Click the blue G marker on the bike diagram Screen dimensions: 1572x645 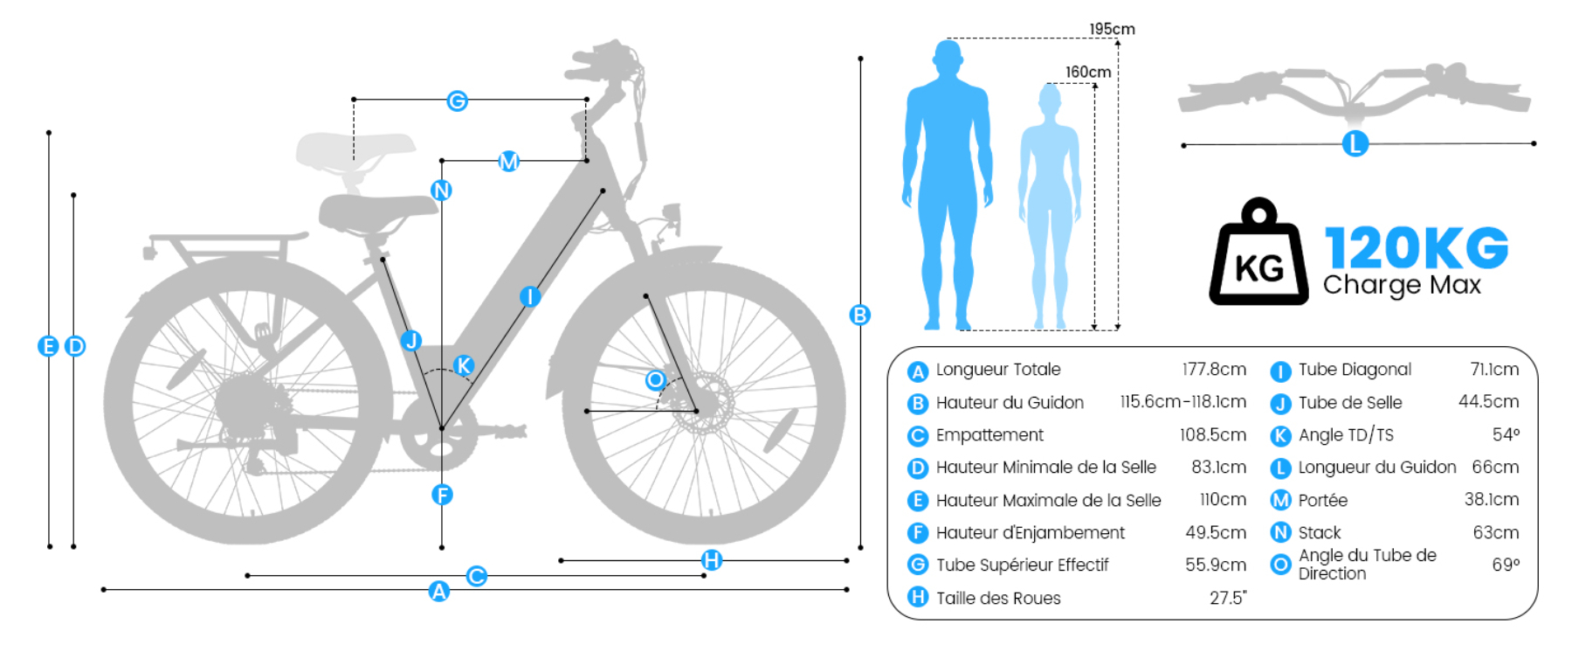tap(457, 101)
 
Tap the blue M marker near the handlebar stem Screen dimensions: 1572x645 tap(508, 161)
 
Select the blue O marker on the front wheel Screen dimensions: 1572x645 tap(656, 380)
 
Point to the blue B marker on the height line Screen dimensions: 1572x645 tap(860, 316)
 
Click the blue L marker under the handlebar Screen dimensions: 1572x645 tap(1355, 144)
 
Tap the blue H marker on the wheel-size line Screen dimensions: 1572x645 tap(712, 560)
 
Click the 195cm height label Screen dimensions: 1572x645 tap(1112, 29)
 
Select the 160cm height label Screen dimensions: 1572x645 tap(1088, 72)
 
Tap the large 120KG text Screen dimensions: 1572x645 tap(1416, 247)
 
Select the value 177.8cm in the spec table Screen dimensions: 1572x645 tap(1214, 370)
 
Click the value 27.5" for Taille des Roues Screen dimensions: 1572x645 tap(1228, 598)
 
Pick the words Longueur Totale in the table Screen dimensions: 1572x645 tap(998, 370)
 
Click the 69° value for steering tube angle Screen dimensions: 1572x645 tap(1506, 565)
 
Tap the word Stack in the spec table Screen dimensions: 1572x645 tap(1320, 532)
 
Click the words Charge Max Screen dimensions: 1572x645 tap(1402, 285)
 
